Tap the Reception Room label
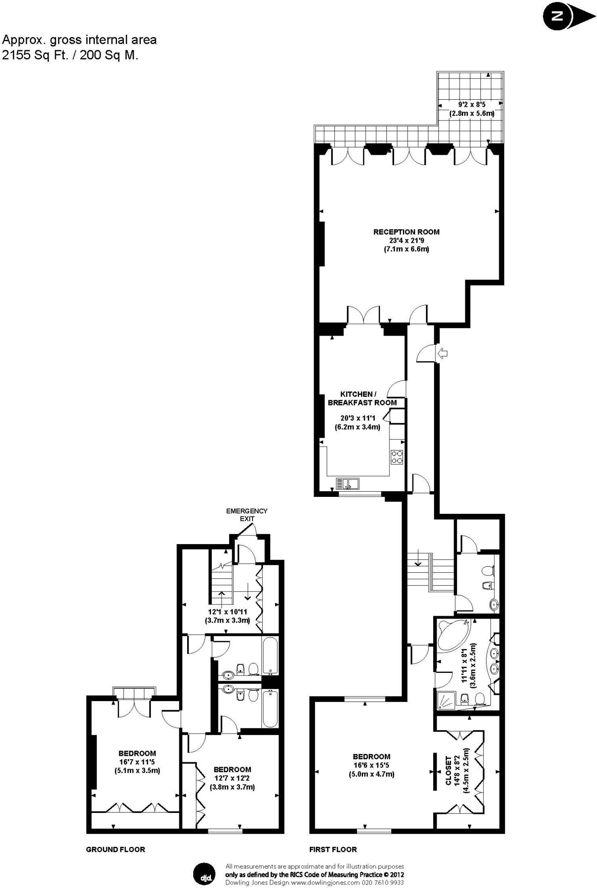pyautogui.click(x=406, y=232)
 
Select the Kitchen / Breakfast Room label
pyautogui.click(x=362, y=398)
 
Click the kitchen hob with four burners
pyautogui.click(x=396, y=457)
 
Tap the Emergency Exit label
pyautogui.click(x=247, y=515)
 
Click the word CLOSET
pyautogui.click(x=449, y=771)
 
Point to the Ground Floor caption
pyautogui.click(x=115, y=849)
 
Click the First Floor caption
pyautogui.click(x=333, y=849)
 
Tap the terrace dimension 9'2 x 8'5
pyautogui.click(x=471, y=104)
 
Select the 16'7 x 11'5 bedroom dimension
pyautogui.click(x=137, y=762)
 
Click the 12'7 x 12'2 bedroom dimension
pyautogui.click(x=232, y=778)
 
